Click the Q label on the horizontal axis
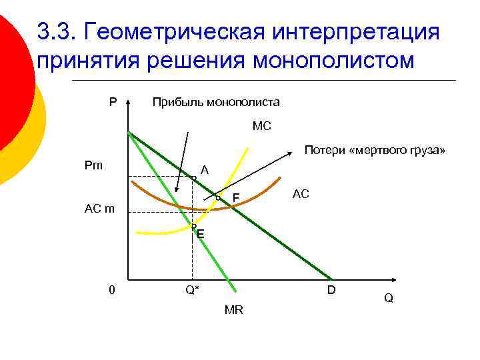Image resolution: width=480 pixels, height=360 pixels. (388, 299)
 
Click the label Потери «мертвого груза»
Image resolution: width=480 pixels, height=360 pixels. (375, 151)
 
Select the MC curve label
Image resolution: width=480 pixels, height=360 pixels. (262, 125)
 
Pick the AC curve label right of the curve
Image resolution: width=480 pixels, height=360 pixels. (301, 193)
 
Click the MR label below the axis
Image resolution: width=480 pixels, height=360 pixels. (234, 310)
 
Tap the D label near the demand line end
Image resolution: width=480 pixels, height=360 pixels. (331, 291)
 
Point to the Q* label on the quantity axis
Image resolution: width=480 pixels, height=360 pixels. (193, 291)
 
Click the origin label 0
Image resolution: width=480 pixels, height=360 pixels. (113, 290)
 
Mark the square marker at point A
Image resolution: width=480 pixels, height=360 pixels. (193, 177)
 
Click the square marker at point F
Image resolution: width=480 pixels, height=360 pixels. (218, 198)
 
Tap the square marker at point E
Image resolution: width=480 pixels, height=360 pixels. (193, 227)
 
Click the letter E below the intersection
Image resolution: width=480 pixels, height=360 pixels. (201, 235)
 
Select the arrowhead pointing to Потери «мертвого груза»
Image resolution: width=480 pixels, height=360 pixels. (291, 154)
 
